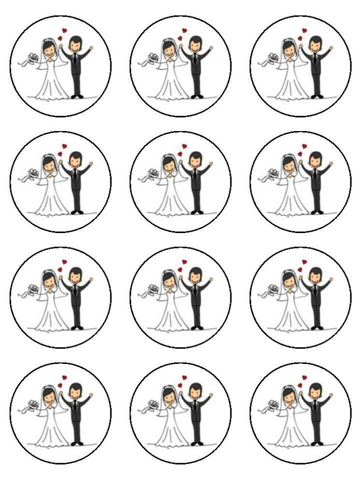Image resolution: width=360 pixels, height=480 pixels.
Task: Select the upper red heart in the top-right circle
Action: coord(305,31)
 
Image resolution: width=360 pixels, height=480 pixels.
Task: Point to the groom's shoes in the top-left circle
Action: coord(77,96)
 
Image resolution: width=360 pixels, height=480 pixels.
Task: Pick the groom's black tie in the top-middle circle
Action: coord(195,58)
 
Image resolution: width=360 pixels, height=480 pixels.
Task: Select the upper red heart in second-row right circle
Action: coord(305,146)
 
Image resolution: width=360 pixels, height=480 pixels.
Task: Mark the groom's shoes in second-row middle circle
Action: coord(196,212)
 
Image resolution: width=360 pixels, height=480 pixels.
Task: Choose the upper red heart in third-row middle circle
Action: coord(185,262)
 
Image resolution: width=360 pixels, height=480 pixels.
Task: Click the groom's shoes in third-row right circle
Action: coord(316,327)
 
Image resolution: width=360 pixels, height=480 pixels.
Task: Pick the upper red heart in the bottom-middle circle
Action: coord(185,378)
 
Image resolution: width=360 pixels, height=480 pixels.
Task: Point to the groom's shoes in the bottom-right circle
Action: coord(316,443)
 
